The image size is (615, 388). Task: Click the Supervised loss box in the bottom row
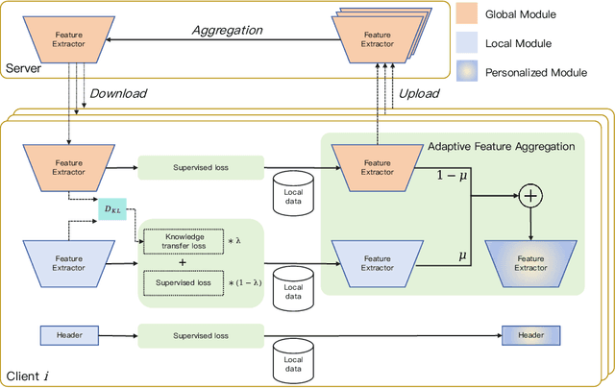click(199, 335)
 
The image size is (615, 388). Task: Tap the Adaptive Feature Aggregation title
click(502, 145)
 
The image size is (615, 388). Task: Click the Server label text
click(24, 68)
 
